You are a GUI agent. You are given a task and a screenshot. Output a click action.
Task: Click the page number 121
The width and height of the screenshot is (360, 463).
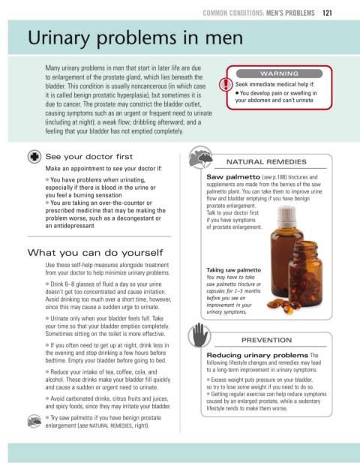(327, 13)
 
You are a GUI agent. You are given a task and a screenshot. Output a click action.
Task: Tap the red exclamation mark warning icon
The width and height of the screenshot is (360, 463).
(226, 85)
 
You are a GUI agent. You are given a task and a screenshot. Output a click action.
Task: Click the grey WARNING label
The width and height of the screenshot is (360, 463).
(279, 74)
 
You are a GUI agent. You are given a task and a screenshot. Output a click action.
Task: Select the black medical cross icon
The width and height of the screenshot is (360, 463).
(34, 157)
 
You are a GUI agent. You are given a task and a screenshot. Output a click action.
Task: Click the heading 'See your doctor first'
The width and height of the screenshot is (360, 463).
(89, 157)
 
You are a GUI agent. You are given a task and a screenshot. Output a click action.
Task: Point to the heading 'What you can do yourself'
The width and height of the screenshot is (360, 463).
(95, 252)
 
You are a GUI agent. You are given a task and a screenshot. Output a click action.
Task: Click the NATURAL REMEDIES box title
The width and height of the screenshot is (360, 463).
(266, 162)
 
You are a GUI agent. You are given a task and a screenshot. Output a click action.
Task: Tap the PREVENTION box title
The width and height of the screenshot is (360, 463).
(266, 340)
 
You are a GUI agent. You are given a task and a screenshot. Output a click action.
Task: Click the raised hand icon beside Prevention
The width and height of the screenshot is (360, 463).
(199, 335)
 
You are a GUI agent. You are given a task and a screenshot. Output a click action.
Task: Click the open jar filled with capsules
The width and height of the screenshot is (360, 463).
(305, 274)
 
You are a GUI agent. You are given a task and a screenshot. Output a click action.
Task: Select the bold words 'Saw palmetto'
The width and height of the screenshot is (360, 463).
(233, 177)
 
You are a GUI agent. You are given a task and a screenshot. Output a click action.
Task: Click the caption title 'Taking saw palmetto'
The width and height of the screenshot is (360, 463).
(233, 270)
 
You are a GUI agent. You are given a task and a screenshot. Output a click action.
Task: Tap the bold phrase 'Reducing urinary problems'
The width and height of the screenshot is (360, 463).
(257, 355)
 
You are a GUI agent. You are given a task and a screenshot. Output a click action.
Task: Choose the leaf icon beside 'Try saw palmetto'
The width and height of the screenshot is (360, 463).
(34, 421)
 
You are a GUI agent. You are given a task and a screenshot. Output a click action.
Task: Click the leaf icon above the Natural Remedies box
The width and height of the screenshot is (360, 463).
(201, 157)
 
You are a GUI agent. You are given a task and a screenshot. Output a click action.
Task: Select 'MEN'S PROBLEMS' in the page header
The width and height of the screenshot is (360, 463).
(290, 13)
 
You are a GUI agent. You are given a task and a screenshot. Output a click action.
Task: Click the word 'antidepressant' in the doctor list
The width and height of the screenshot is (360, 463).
(73, 226)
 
